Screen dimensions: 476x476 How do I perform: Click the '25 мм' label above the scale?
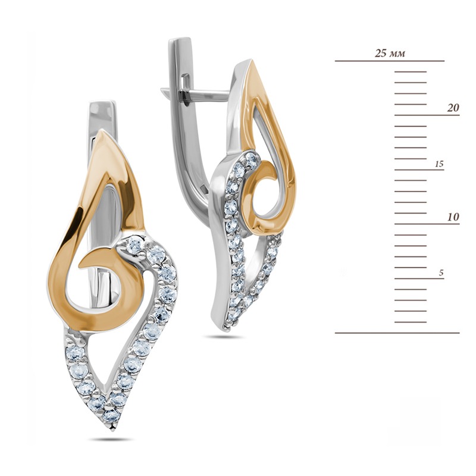390,54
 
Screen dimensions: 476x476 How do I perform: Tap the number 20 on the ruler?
453,108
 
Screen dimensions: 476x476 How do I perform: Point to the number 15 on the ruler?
439,164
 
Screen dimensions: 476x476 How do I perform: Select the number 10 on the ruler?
453,217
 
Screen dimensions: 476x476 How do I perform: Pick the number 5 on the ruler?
441,273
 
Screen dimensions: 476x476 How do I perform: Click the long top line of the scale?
390,61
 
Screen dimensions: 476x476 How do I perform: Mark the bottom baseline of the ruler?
397,333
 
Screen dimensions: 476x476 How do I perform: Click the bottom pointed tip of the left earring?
114,430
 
